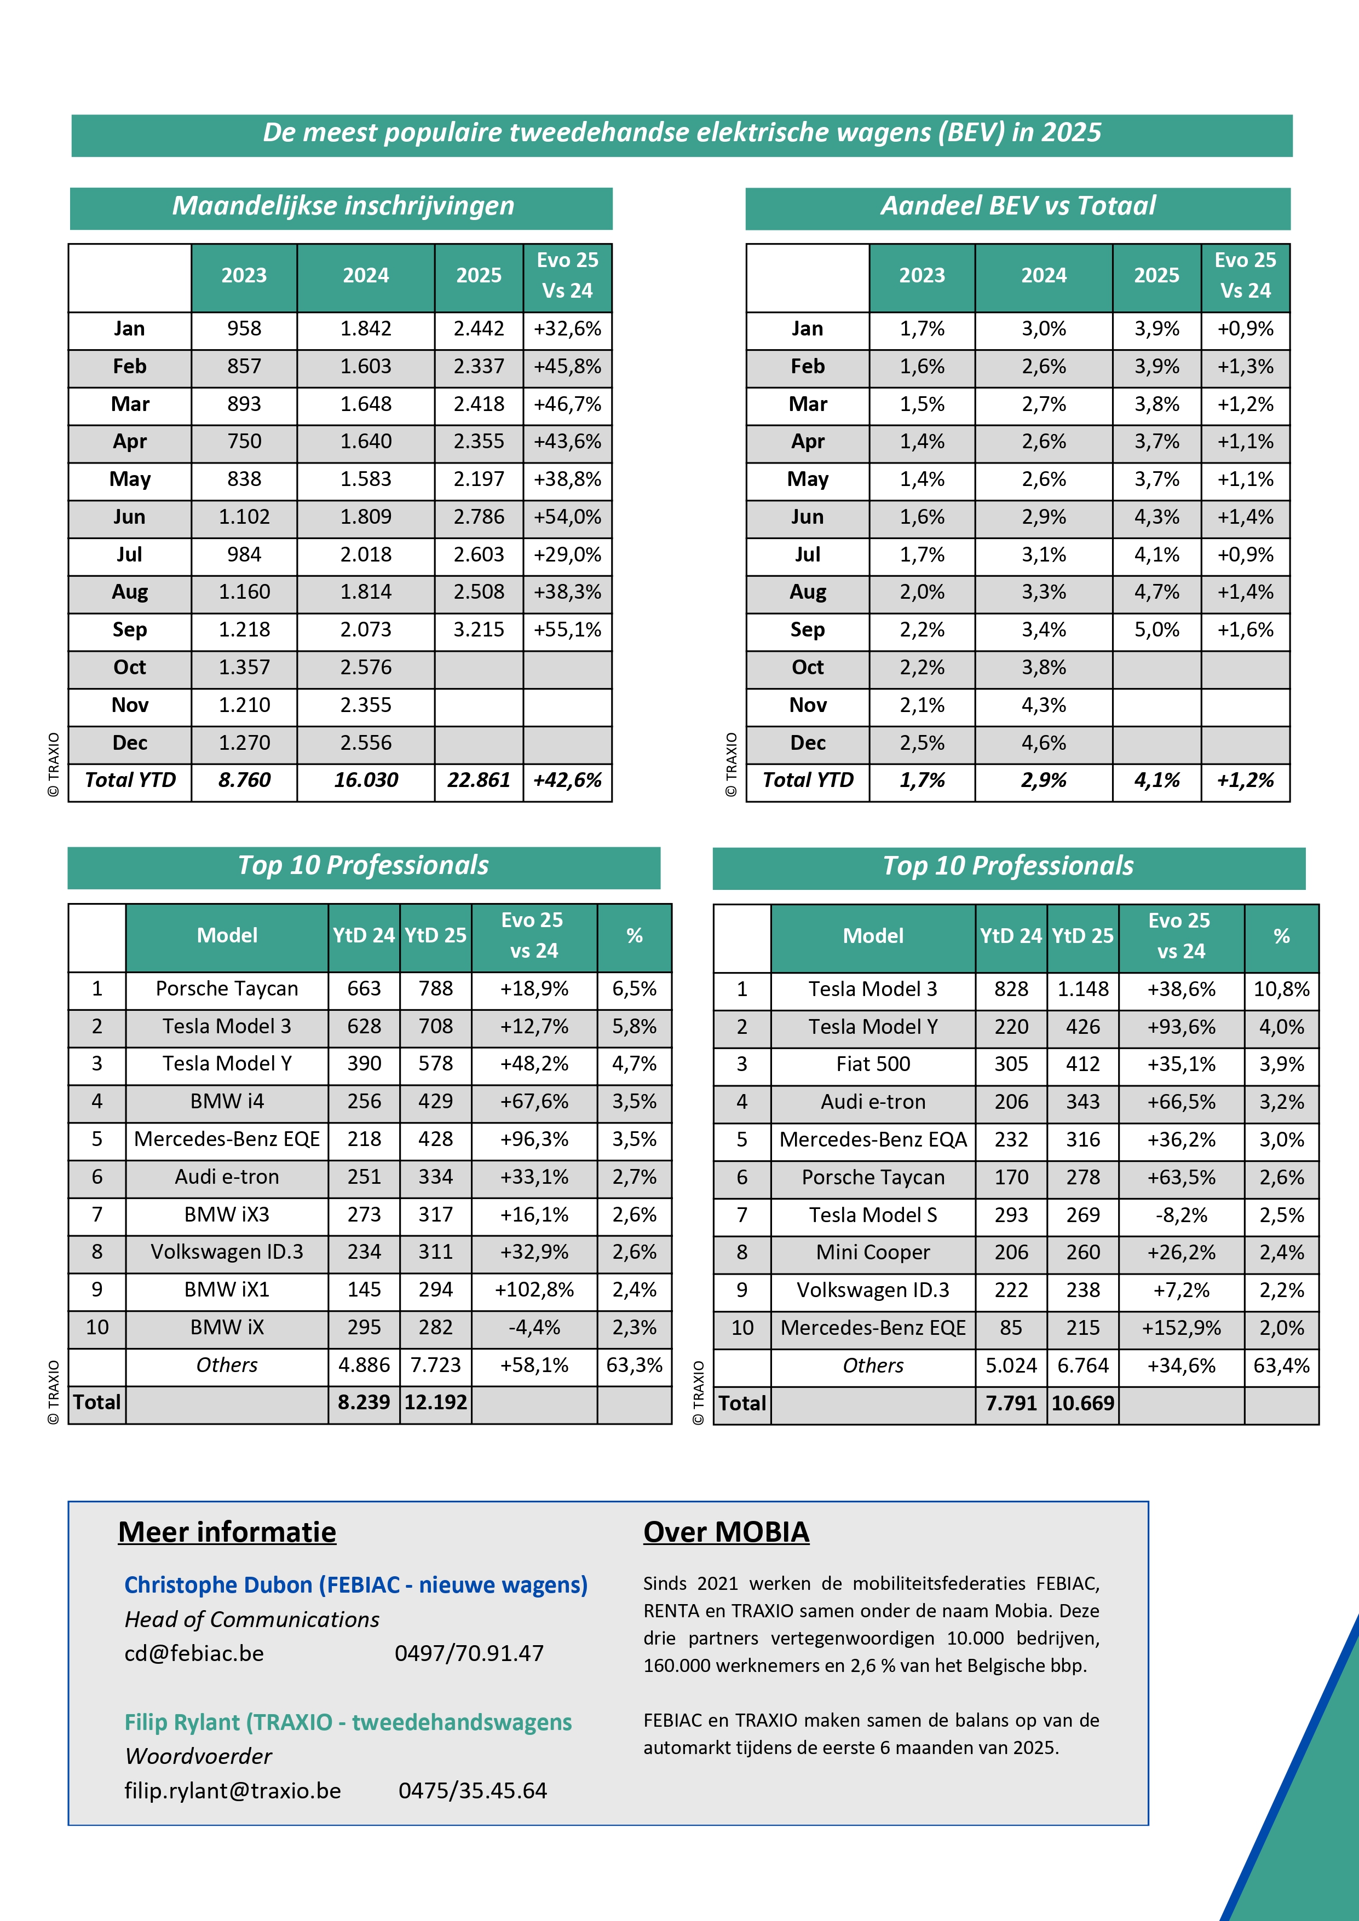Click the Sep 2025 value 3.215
479,630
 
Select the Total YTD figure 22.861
479,780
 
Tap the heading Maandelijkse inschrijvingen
342,206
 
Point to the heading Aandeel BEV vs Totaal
1017,206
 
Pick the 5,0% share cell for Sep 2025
1156,630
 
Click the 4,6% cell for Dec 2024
1044,743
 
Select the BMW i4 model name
227,1102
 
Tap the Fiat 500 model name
873,1064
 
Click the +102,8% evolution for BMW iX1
534,1290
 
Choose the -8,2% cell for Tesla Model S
1181,1215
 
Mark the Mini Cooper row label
873,1253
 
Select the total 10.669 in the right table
1083,1403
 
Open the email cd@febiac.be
194,1653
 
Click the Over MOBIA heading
725,1532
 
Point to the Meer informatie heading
227,1532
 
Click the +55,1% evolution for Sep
567,630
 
